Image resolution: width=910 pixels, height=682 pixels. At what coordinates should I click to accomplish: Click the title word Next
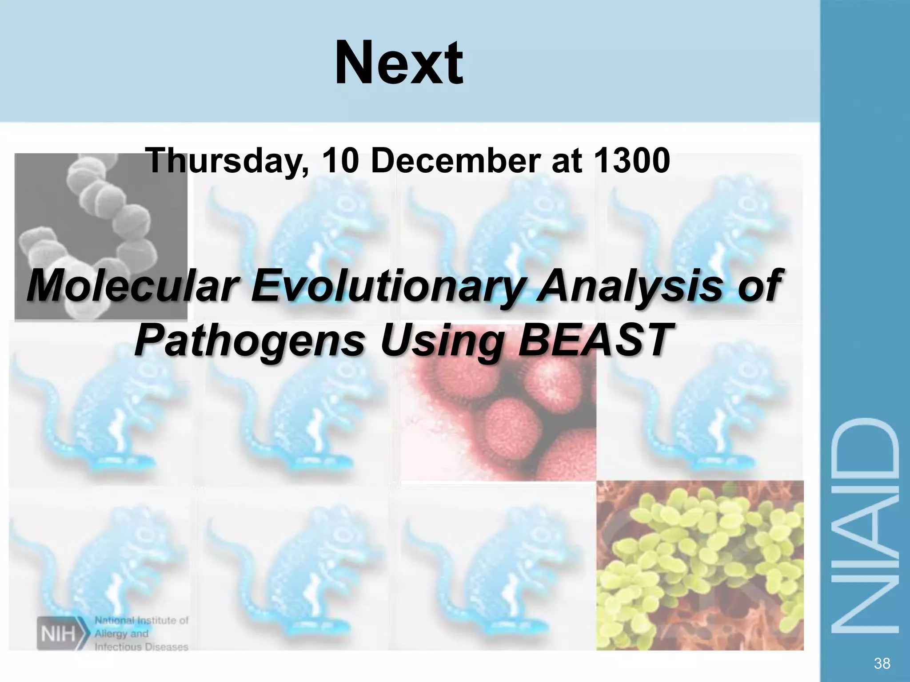coord(399,63)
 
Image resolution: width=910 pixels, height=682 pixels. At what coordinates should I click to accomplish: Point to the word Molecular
coord(133,286)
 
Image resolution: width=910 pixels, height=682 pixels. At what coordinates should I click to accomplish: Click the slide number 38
coord(882,663)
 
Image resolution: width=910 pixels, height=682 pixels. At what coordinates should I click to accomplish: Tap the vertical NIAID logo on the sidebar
coord(865,526)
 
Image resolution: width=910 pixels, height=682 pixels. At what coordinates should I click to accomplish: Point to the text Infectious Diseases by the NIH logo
coord(141,647)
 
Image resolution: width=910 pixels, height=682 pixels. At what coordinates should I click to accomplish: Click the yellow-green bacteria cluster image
coord(700,566)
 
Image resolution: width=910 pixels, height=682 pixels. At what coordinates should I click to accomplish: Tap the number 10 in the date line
coord(340,161)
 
